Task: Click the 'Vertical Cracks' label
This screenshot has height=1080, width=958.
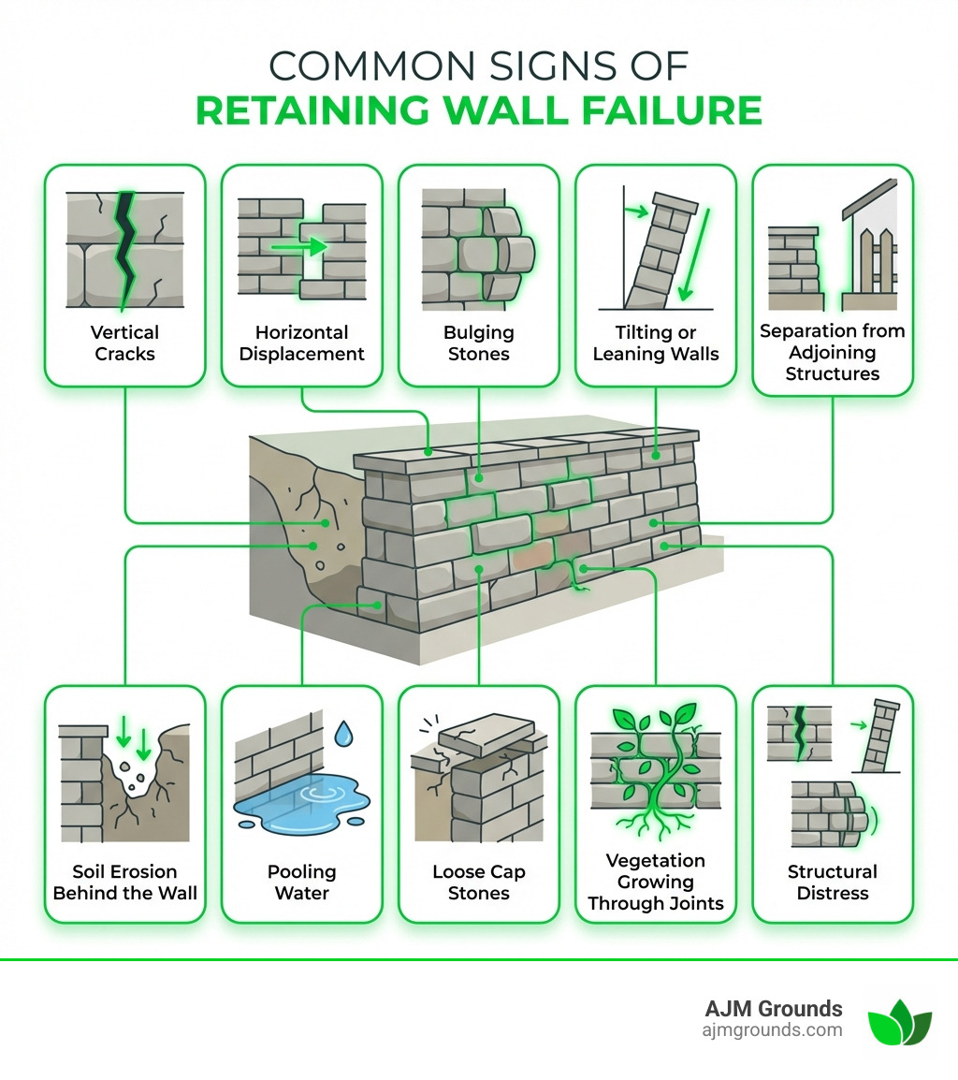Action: [124, 343]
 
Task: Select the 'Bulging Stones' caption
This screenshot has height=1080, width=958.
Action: [478, 343]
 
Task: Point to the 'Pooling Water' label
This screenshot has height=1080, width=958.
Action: [301, 882]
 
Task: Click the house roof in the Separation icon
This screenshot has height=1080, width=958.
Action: [870, 198]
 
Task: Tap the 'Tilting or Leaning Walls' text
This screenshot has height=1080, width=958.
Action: [655, 343]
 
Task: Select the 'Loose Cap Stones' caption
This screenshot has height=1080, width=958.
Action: [478, 882]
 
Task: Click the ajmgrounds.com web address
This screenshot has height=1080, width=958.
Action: [772, 1030]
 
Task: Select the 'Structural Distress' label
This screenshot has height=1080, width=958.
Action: [832, 882]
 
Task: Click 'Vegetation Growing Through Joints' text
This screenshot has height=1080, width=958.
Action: [655, 882]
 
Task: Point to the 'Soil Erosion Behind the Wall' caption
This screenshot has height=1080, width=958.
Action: [124, 882]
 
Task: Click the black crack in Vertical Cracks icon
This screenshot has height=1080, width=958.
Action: [123, 248]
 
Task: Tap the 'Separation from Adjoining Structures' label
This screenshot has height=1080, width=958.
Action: [832, 352]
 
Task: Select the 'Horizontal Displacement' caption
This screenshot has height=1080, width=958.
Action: [301, 343]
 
